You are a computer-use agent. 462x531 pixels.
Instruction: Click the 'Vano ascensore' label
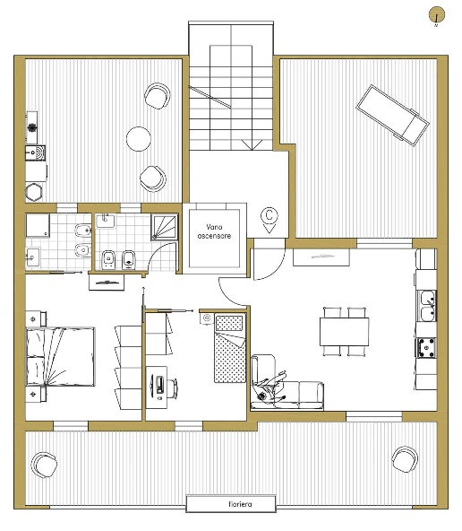click(214, 231)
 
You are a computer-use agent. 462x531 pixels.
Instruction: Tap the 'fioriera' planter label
click(240, 504)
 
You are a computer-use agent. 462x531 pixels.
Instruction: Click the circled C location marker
click(269, 219)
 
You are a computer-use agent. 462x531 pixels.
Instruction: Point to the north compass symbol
click(437, 15)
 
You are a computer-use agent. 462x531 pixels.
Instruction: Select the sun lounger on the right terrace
click(392, 116)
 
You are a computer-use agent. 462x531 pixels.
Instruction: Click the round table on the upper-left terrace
click(139, 139)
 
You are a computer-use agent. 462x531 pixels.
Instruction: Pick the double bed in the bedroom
click(60, 357)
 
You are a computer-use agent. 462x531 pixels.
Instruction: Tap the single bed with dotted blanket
click(230, 348)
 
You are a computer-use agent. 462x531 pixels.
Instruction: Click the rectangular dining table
click(344, 332)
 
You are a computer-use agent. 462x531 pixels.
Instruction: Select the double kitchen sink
click(427, 306)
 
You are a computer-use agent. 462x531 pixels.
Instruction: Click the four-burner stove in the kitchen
click(426, 347)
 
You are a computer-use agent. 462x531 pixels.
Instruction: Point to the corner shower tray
click(164, 227)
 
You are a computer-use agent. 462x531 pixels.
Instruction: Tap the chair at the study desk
click(173, 388)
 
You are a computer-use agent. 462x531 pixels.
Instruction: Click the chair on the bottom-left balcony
click(44, 465)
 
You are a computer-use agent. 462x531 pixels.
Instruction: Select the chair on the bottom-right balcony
click(405, 459)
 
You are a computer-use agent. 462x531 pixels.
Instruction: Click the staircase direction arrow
click(252, 145)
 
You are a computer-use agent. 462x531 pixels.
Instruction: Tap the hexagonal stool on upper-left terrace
click(34, 192)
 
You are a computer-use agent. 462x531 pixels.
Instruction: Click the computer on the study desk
click(159, 385)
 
